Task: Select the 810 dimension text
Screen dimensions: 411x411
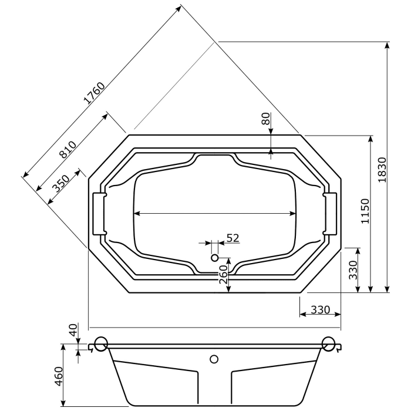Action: point(68,150)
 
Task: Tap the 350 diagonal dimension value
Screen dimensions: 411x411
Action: point(60,183)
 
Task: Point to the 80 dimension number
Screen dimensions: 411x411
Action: point(265,119)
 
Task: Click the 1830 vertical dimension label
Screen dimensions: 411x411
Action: point(381,170)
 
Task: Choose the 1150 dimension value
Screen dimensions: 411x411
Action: point(364,212)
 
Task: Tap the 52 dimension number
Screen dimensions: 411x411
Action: point(233,238)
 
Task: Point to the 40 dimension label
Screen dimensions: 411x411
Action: point(73,330)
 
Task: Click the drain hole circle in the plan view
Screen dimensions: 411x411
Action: point(214,257)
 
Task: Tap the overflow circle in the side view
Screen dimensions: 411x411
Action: point(214,358)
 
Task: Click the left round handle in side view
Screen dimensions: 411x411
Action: point(100,344)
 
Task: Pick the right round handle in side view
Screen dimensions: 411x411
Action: point(329,344)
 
